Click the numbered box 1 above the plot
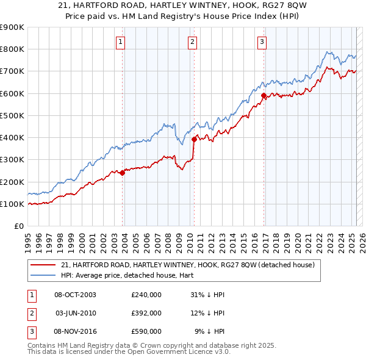121,42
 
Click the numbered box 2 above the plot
192,42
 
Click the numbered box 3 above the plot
262,42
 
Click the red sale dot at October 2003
123,173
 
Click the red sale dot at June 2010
194,139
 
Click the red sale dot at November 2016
264,95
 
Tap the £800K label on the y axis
12,49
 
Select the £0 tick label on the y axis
19,226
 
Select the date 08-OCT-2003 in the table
76,294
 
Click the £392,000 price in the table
146,313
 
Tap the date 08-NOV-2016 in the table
76,331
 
